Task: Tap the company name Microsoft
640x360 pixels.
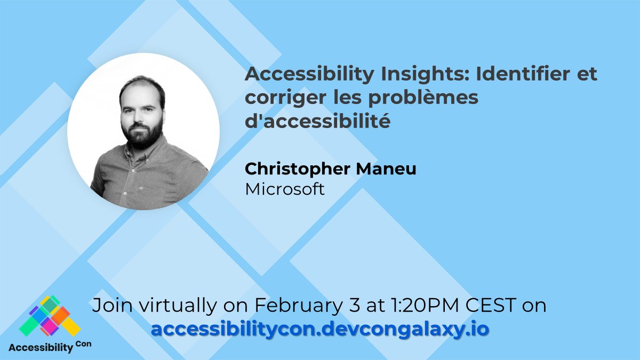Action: coord(285,189)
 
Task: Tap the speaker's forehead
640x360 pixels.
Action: coord(140,92)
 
